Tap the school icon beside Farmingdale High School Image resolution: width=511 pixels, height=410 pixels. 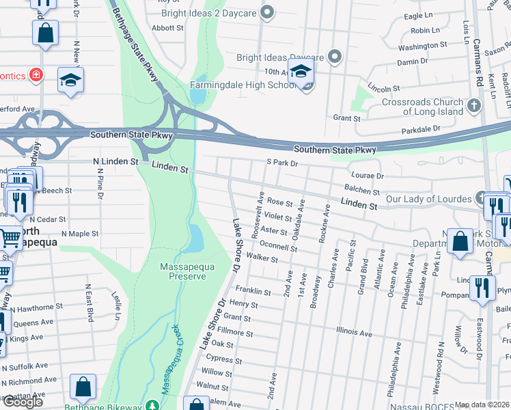pos(301,73)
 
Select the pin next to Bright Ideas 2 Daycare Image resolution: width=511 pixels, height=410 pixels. pos(268,11)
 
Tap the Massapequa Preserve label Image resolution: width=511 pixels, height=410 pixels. pos(183,271)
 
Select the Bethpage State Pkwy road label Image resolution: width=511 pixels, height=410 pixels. pos(134,41)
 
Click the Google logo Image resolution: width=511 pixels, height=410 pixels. pos(23,402)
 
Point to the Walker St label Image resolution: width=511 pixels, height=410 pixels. pos(262,259)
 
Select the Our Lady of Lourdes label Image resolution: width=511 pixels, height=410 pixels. pos(428,200)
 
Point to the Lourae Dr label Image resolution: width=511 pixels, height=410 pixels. pos(369,176)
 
